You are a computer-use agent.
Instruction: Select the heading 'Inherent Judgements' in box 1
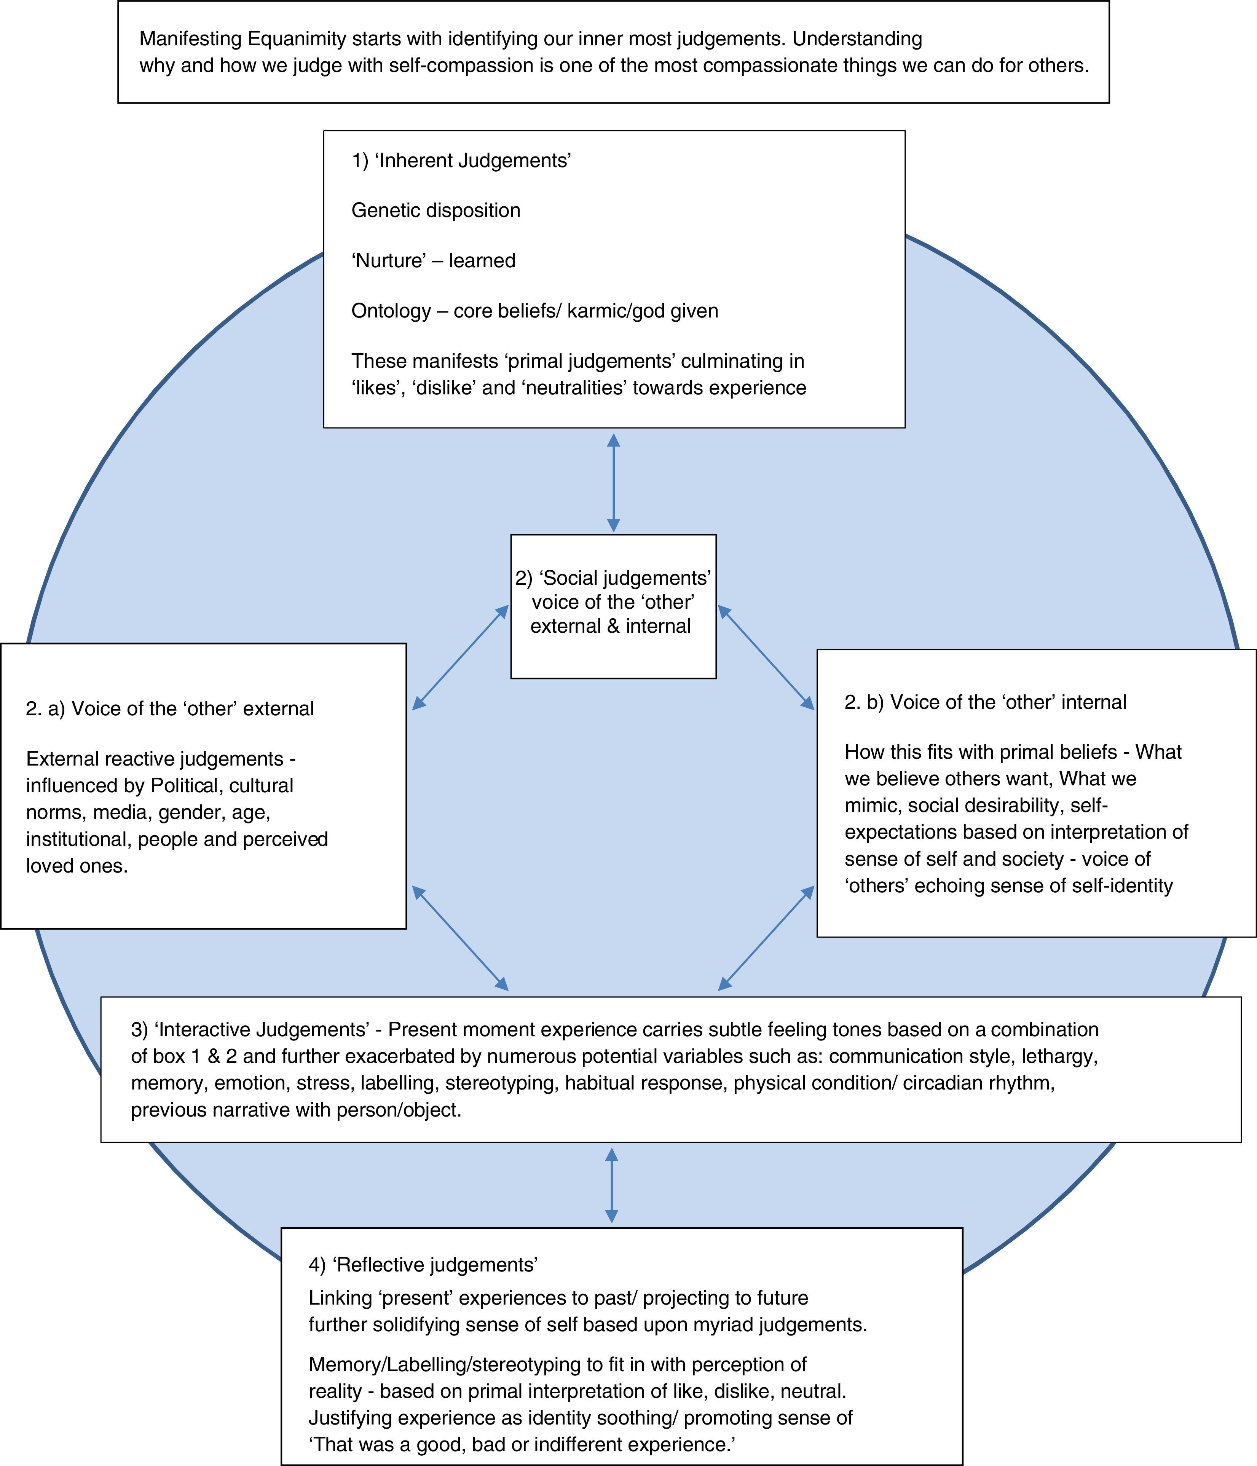click(x=472, y=161)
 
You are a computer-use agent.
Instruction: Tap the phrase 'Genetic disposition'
click(x=436, y=210)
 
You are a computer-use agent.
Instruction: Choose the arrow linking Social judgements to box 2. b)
click(x=766, y=657)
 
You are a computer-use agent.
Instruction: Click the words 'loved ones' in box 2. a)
click(x=77, y=866)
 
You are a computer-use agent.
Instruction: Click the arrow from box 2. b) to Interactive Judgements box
click(x=766, y=938)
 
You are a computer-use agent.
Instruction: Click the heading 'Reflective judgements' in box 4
click(x=435, y=1264)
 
